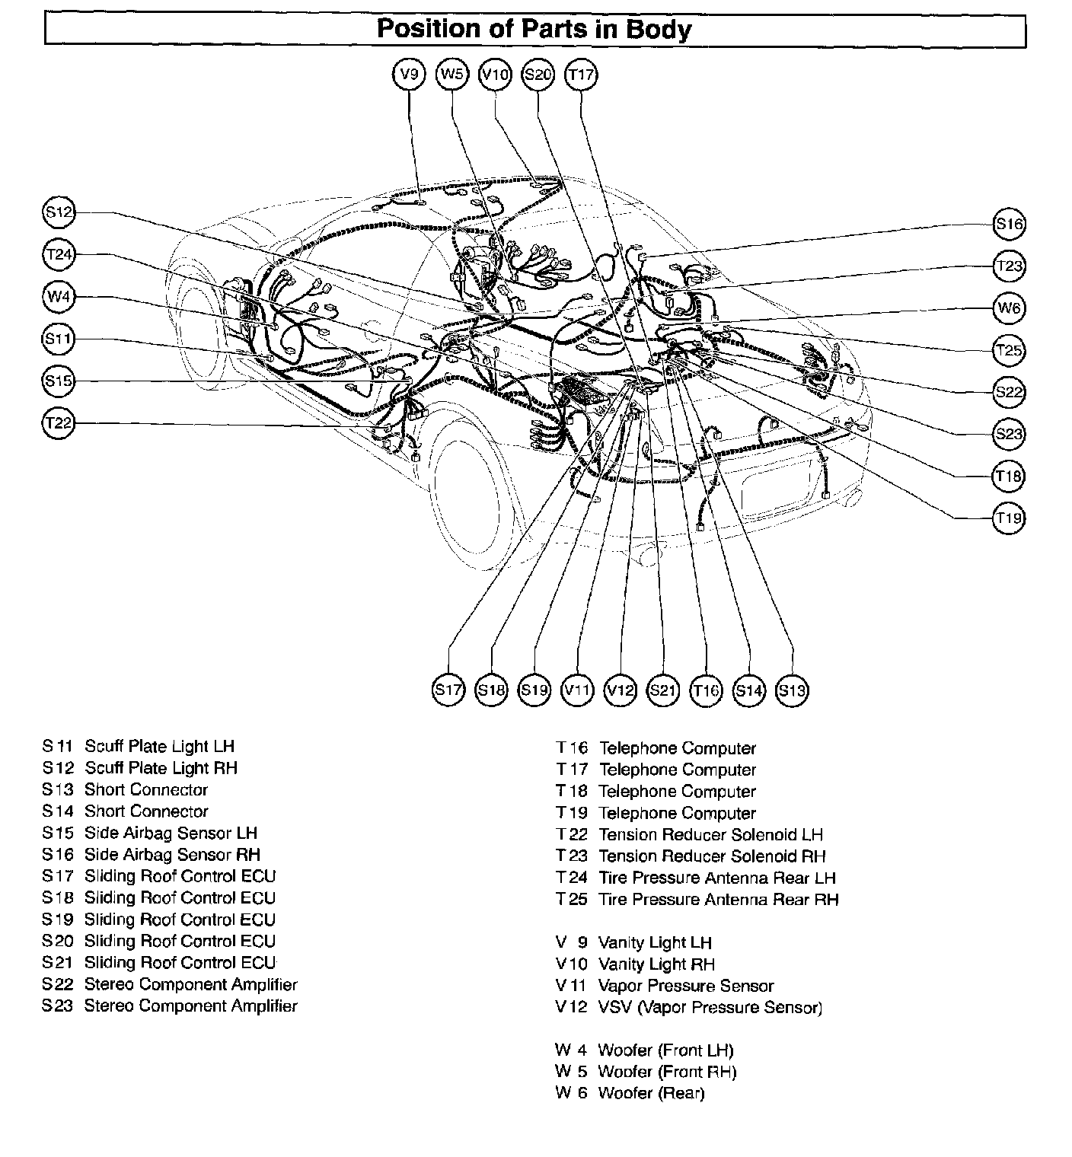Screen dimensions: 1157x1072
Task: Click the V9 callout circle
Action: click(x=410, y=75)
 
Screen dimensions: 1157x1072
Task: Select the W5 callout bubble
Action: click(x=452, y=75)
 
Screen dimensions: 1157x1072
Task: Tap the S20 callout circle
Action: click(x=538, y=75)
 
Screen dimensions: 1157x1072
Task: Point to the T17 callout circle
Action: click(x=581, y=75)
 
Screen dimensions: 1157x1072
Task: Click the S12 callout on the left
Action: click(x=58, y=212)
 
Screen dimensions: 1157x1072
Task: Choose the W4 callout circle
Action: click(x=58, y=297)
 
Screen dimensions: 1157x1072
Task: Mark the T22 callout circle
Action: click(x=58, y=423)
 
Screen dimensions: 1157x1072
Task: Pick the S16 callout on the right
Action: click(x=1010, y=224)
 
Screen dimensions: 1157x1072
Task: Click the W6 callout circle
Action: click(x=1010, y=308)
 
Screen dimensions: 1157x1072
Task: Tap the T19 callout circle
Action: click(x=1010, y=518)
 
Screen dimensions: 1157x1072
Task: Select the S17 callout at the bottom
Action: click(x=448, y=690)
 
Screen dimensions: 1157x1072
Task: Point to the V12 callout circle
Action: click(x=620, y=690)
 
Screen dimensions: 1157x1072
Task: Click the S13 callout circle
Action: click(x=792, y=690)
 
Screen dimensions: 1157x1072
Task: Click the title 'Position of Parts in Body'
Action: click(x=534, y=30)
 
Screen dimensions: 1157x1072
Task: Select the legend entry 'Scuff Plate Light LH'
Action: click(x=159, y=747)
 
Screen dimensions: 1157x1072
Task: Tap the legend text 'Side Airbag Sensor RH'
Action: click(x=172, y=855)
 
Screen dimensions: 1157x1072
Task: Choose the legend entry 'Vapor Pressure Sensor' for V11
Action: click(x=686, y=986)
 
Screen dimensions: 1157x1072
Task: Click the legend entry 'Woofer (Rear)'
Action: click(x=652, y=1094)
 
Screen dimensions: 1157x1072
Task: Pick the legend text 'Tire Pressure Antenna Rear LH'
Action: click(x=717, y=878)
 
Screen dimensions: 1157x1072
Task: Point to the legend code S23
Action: click(x=58, y=1006)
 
